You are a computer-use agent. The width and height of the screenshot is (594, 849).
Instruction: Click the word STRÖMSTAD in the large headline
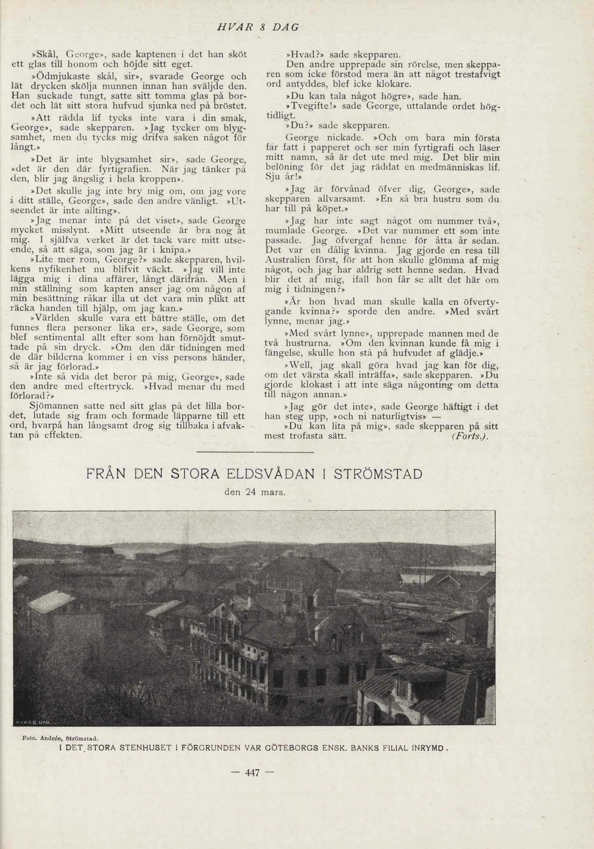(378, 474)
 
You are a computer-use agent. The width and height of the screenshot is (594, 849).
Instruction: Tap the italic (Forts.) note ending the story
(470, 436)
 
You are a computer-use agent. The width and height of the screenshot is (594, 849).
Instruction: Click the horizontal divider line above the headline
(255, 452)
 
